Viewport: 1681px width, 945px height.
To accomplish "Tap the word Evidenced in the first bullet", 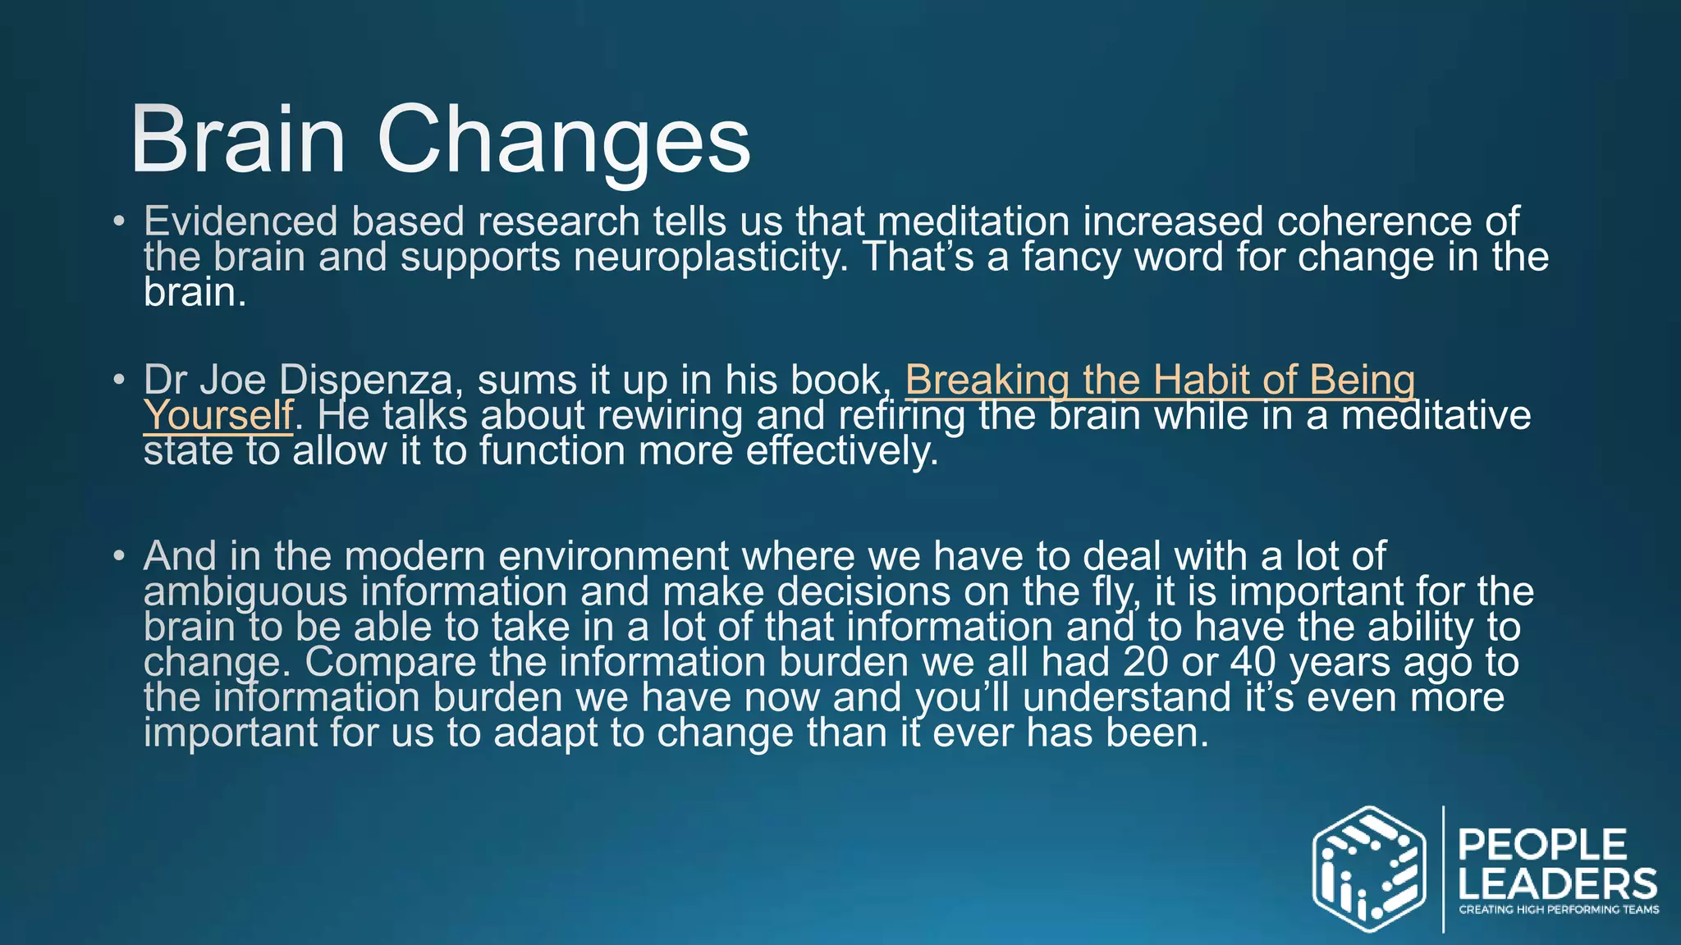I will click(x=240, y=221).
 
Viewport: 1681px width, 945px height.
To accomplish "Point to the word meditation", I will click(x=973, y=221).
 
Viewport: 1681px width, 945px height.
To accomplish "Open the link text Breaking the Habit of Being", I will click(x=1160, y=381).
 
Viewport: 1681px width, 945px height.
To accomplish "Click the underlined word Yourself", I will click(x=218, y=415).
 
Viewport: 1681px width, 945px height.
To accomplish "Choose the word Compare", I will click(x=391, y=662).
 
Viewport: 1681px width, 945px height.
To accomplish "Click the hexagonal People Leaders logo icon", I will click(x=1368, y=870).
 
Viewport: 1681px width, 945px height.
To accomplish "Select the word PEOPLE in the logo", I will click(x=1542, y=845).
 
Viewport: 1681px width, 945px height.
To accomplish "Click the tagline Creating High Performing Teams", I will click(x=1558, y=910).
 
